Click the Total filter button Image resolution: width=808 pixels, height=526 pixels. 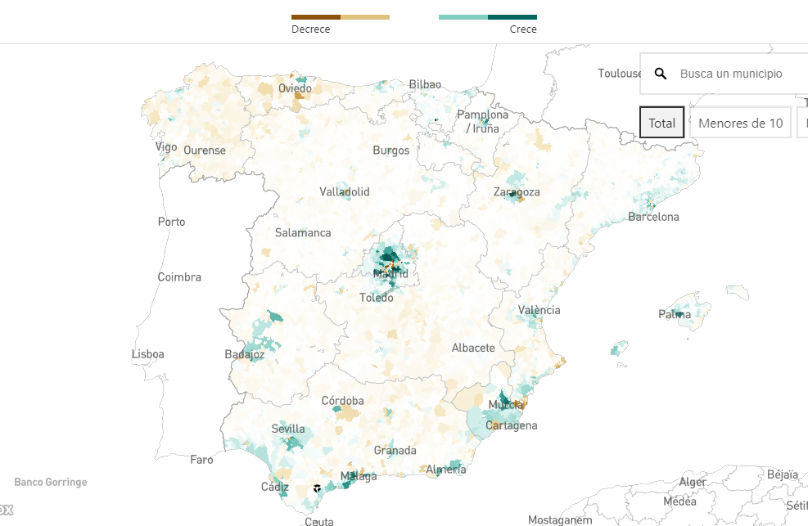click(x=661, y=123)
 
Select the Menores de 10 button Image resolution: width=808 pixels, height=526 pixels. click(x=740, y=123)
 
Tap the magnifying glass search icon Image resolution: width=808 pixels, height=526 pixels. click(x=661, y=74)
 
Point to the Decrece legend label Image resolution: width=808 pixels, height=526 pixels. click(x=310, y=29)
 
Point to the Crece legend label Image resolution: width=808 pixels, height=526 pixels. click(x=523, y=29)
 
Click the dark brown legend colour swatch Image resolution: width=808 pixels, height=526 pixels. click(x=316, y=16)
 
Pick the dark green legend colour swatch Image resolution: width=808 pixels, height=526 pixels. click(x=512, y=16)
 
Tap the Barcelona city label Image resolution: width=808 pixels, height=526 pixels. click(x=653, y=217)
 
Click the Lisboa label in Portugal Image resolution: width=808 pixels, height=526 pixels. click(x=147, y=354)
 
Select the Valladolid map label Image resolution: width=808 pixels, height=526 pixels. click(x=345, y=192)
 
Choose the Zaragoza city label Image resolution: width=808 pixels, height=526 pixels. click(x=517, y=192)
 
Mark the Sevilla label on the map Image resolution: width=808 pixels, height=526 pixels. click(x=288, y=429)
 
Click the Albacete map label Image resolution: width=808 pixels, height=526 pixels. click(x=473, y=348)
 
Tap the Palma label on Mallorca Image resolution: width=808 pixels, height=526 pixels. click(x=675, y=314)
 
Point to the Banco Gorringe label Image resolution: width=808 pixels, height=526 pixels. click(x=50, y=483)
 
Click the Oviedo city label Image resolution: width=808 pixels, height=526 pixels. click(x=295, y=88)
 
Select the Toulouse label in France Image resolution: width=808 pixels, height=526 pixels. click(x=620, y=74)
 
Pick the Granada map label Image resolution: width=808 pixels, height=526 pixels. click(x=395, y=451)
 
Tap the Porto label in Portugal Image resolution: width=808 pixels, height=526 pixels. click(x=171, y=222)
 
